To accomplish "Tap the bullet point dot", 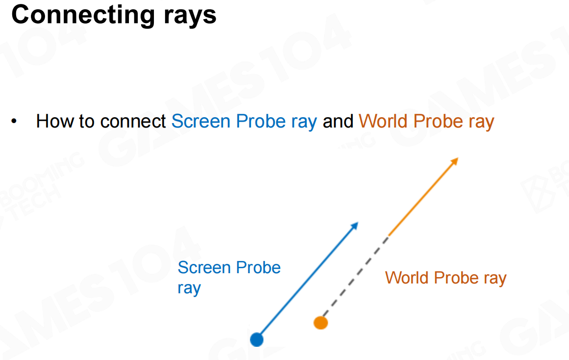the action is pos(14,121).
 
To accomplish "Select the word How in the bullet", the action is pos(55,121).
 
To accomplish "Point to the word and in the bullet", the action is pos(338,121).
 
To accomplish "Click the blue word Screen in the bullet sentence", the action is pos(200,121).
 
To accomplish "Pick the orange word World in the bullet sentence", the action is pos(383,121).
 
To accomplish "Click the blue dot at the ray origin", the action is pos(256,340).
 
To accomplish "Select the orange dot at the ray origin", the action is pos(321,323).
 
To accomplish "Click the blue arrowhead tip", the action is pos(358,222).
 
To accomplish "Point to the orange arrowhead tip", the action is pos(458,158).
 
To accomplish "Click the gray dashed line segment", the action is pos(356,276).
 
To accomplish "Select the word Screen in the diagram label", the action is pos(204,268).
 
